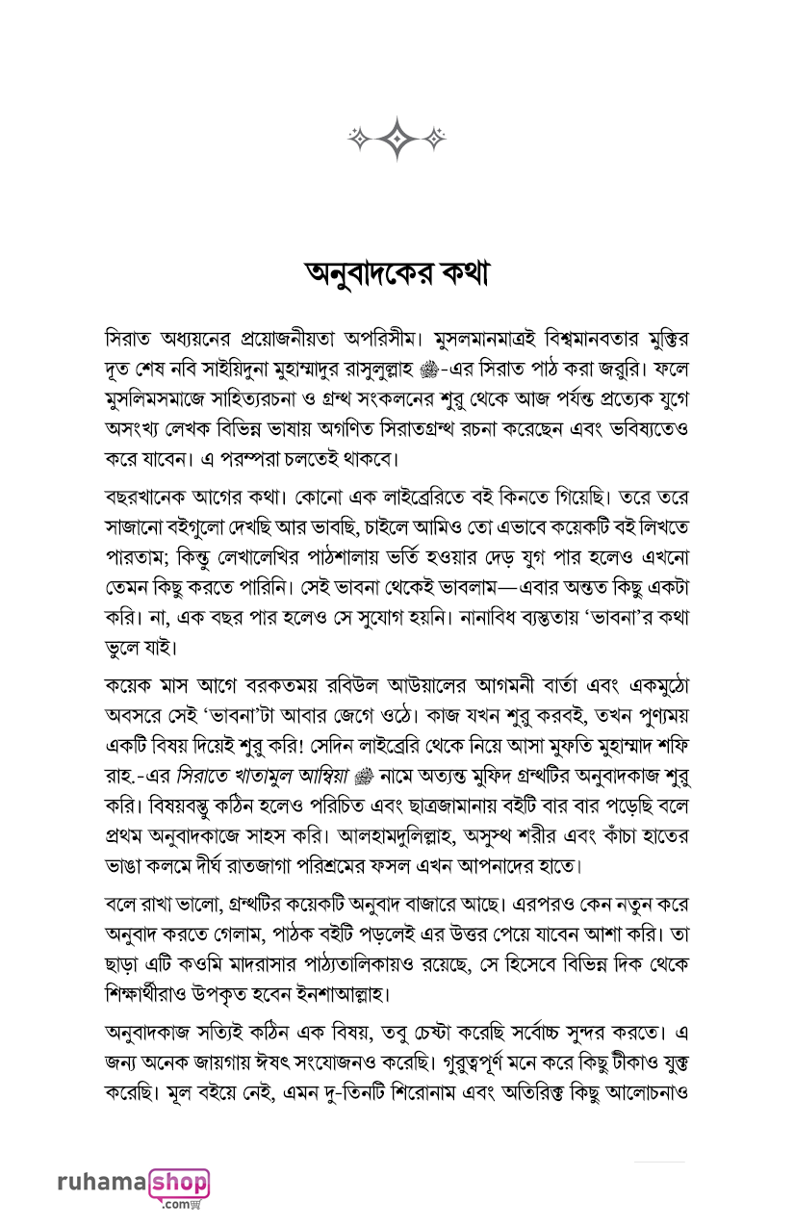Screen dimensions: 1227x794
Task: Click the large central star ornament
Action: click(x=397, y=138)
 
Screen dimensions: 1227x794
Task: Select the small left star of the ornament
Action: click(x=358, y=139)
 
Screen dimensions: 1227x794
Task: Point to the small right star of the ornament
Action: click(x=435, y=139)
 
